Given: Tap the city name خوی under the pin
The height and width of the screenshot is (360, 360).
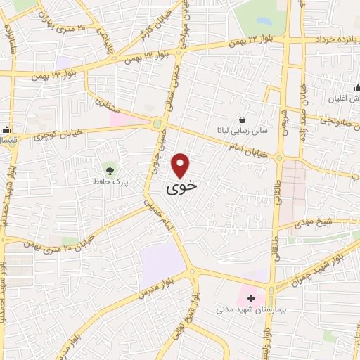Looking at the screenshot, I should tap(181, 188).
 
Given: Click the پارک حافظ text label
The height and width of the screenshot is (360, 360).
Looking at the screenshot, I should tap(109, 181).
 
